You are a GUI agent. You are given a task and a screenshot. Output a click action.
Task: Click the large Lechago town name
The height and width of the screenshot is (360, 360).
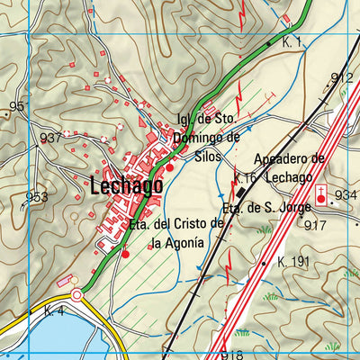point(126,186)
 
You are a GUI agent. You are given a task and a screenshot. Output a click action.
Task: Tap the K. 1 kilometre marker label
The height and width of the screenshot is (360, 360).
point(292,42)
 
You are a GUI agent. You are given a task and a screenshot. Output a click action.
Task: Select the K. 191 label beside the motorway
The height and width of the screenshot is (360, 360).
point(293,262)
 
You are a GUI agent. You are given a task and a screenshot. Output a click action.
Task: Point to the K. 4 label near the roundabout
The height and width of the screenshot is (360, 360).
point(53,310)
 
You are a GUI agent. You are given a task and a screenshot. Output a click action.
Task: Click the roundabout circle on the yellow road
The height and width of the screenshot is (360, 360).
point(77,294)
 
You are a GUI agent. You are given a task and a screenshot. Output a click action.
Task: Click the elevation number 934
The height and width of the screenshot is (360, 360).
point(346,195)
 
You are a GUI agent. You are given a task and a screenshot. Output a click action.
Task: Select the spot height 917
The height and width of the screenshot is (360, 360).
point(315,225)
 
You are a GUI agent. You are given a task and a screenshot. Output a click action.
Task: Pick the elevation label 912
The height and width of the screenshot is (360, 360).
point(342,78)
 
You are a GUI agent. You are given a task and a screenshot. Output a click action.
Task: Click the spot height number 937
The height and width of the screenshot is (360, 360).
point(51,138)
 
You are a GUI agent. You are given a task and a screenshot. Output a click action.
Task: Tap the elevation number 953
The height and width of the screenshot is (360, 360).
point(37,197)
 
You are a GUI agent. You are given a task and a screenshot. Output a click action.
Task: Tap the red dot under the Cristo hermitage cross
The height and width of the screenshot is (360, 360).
point(125,254)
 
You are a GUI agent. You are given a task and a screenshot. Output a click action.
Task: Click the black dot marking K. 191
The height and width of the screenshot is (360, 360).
point(264,263)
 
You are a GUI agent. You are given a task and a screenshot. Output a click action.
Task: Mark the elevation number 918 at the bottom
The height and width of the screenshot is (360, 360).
point(230,355)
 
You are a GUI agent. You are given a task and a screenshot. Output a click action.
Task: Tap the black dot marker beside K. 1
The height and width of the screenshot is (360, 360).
point(268,43)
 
